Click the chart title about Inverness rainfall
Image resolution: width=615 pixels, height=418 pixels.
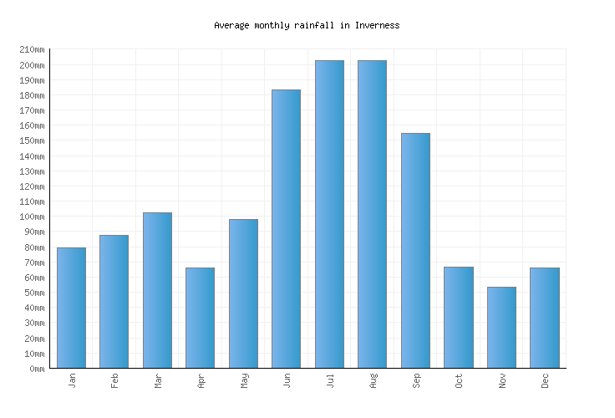coord(307,25)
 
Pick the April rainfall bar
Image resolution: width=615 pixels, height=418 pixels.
coord(200,318)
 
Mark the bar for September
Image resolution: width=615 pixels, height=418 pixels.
coord(415,250)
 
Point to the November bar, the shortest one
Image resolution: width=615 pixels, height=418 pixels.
coord(501,327)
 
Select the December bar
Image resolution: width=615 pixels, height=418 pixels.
coord(544,318)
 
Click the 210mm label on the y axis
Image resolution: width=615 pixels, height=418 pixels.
coord(31,50)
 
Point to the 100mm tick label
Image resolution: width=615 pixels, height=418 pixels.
coord(31,217)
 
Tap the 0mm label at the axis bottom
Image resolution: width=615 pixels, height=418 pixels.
coord(36,369)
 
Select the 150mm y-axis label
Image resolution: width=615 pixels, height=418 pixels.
coord(31,141)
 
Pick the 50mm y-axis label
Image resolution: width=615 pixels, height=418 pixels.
coord(33,293)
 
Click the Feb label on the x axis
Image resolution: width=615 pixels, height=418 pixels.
coord(115,380)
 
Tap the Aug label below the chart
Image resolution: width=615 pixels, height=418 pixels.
coord(374,380)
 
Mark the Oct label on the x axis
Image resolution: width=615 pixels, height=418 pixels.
coord(460,380)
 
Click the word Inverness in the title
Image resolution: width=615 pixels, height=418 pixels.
coord(377,25)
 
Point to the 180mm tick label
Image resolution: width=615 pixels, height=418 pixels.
coord(31,95)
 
